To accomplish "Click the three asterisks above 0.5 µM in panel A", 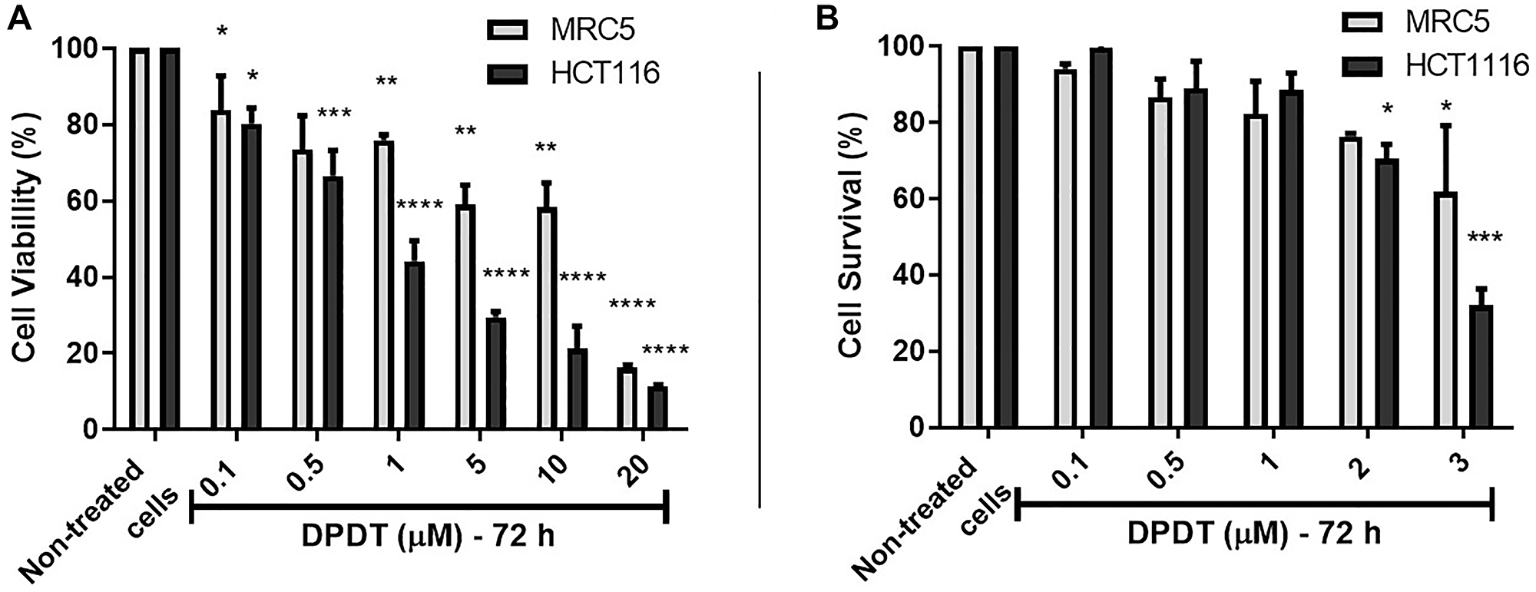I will click(333, 114).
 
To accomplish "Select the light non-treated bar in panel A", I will click(140, 238).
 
